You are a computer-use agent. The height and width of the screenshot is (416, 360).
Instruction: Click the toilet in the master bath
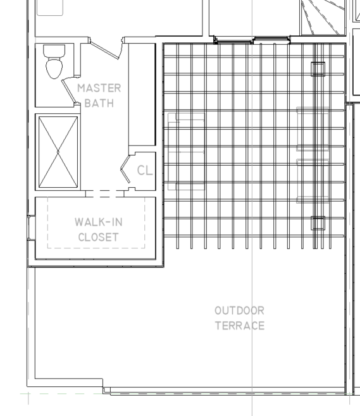click(x=54, y=61)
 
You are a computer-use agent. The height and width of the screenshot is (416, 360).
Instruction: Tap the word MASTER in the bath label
click(x=99, y=88)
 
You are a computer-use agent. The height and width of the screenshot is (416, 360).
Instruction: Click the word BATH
click(x=99, y=103)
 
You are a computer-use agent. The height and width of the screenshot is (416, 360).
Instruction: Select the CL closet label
click(x=145, y=170)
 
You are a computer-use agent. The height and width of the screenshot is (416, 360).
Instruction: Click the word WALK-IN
click(x=99, y=222)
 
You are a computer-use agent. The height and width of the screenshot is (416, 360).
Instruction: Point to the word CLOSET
click(x=99, y=237)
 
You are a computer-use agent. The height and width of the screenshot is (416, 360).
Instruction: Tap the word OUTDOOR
click(x=239, y=310)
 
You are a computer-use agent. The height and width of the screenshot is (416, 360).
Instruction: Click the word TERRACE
click(x=240, y=326)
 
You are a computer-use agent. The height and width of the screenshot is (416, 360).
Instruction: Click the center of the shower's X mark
click(x=58, y=152)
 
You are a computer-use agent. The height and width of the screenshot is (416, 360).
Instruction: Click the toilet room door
click(x=68, y=90)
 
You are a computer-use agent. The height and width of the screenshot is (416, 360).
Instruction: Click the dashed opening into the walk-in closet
click(x=105, y=193)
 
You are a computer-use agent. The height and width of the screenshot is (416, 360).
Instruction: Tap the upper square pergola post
click(x=318, y=69)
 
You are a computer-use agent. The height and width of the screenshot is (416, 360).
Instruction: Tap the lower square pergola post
click(x=318, y=223)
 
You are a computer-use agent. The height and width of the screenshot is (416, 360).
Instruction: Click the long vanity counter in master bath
click(x=142, y=94)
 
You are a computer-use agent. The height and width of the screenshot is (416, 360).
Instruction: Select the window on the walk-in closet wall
click(x=32, y=228)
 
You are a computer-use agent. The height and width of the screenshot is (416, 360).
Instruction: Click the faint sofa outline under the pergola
click(x=187, y=152)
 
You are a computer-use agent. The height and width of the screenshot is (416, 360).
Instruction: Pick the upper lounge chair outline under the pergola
click(x=313, y=129)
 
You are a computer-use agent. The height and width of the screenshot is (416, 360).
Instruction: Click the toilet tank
click(x=54, y=50)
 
